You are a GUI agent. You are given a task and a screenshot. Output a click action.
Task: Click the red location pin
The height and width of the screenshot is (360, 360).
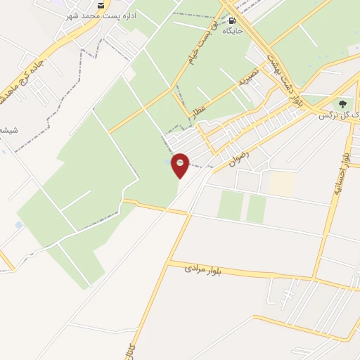tap(180, 165)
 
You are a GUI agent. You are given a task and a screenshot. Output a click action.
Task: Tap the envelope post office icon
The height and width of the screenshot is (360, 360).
tap(103, 5)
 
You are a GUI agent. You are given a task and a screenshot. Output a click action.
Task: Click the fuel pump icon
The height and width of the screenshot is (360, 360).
tap(231, 20)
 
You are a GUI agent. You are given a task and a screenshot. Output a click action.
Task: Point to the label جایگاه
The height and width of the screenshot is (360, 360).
tap(232, 31)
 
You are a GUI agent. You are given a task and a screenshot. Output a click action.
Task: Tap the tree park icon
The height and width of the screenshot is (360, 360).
tap(342, 104)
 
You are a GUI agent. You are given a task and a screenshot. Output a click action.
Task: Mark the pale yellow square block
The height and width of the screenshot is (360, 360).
tap(282, 184)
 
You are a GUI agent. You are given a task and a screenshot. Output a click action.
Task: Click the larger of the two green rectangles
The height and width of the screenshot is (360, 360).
tap(230, 205)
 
